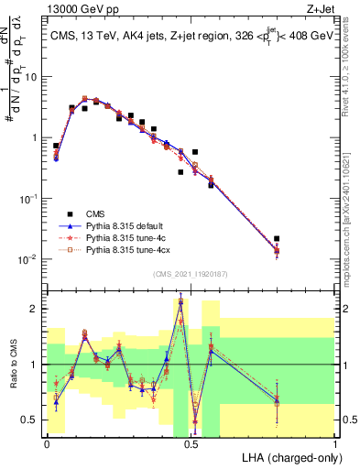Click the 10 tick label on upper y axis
coord(31,76)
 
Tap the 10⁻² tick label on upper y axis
coord(29,259)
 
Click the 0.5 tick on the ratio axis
coord(33,420)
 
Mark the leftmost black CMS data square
coord(56,145)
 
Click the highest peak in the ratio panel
coord(181,300)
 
